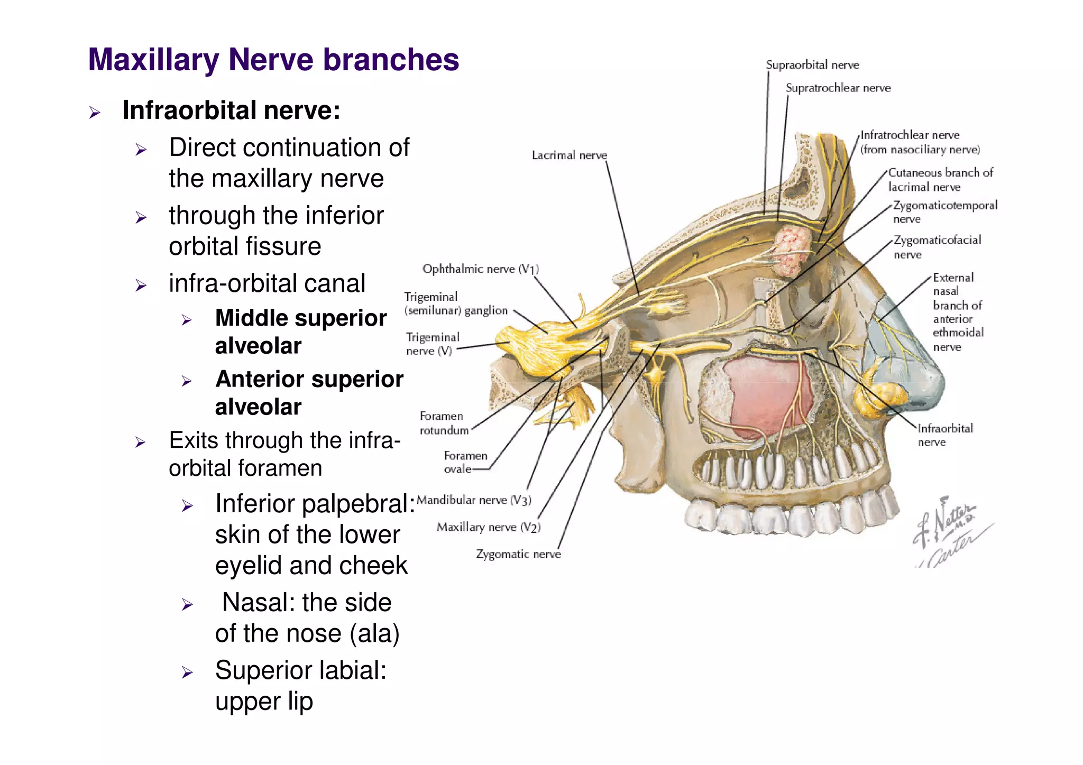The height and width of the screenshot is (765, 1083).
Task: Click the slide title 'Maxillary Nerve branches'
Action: click(273, 59)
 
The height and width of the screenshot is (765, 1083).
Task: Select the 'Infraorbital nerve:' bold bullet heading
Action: click(231, 110)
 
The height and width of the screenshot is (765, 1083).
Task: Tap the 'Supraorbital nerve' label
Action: click(812, 65)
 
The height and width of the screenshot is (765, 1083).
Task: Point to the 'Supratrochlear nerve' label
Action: click(838, 88)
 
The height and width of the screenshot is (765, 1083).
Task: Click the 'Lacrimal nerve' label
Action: click(569, 155)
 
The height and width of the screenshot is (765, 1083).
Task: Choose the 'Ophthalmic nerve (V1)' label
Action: click(480, 269)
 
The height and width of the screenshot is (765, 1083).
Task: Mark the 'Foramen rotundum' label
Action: click(444, 423)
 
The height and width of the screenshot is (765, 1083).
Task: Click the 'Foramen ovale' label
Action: click(465, 462)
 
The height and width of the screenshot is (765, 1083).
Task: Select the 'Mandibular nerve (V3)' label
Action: click(474, 500)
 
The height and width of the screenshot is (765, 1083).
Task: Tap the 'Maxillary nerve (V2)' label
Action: click(488, 527)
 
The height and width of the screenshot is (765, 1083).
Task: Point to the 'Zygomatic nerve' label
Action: click(518, 554)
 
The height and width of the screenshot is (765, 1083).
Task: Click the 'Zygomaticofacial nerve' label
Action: click(937, 247)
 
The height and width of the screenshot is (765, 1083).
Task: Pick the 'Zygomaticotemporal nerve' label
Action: click(944, 211)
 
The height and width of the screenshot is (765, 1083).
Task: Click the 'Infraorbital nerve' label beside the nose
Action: click(945, 435)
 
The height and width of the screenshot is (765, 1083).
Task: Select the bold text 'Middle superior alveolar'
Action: click(300, 332)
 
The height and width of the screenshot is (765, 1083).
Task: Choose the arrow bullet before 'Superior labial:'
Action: click(187, 672)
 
